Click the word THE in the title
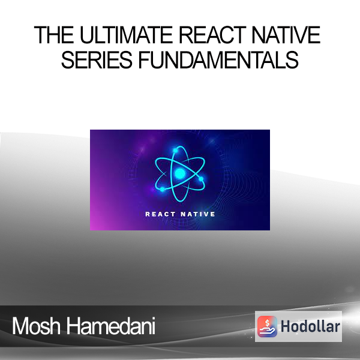pos(54,35)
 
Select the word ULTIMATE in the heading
pos(126,35)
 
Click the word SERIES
pos(97,59)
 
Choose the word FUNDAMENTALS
pos(218,59)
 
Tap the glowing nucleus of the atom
pos(180,173)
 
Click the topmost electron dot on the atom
pos(176,151)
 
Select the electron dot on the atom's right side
pos(201,179)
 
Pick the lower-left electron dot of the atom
pos(163,190)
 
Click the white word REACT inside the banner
pos(160,214)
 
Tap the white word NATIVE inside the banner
pos(197,214)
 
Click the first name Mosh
pos(36,326)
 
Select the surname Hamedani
pos(111,326)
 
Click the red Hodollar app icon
pos(267,326)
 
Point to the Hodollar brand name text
pos(310,326)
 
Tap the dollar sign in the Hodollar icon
pos(267,323)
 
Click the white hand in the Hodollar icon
pos(267,331)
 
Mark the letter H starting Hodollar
pos(286,326)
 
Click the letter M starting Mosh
pos(20,326)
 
